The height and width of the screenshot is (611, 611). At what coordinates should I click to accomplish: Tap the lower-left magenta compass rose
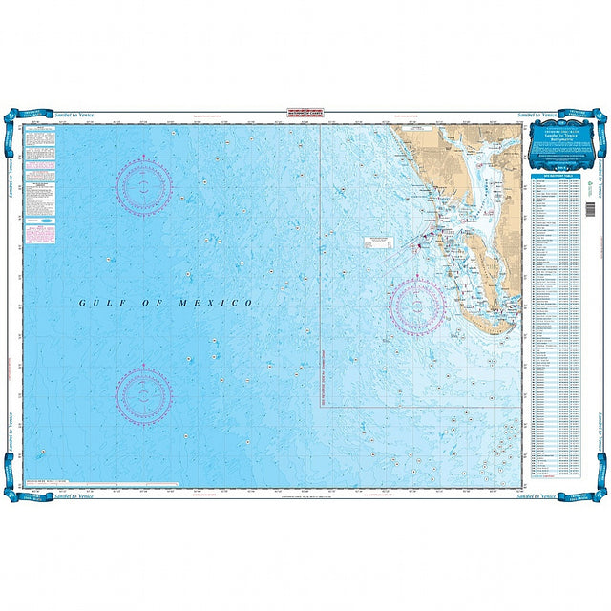click(144, 393)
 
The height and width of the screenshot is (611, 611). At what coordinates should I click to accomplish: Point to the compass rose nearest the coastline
click(418, 306)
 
